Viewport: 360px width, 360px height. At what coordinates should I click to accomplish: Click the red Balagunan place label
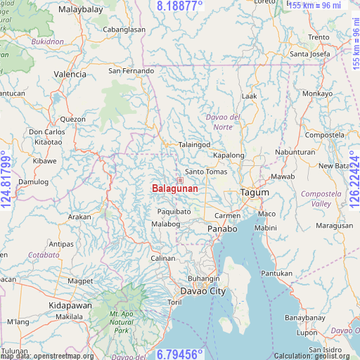(174, 189)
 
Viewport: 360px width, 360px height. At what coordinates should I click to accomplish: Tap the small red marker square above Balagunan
(180, 181)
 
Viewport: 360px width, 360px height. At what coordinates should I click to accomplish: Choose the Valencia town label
(70, 74)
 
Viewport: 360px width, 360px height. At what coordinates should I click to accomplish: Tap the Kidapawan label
(70, 306)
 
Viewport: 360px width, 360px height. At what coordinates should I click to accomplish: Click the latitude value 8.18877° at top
(179, 6)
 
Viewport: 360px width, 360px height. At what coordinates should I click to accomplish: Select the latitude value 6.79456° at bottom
(179, 354)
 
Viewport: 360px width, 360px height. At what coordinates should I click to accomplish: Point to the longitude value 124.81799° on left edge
(6, 180)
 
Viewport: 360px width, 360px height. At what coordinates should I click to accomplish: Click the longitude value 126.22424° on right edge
(354, 180)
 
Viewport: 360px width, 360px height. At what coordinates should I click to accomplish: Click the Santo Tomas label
(205, 172)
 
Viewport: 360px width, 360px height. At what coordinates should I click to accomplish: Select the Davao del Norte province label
(223, 121)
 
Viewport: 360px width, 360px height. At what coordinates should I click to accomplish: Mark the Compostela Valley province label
(316, 198)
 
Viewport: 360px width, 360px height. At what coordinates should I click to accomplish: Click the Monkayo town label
(317, 94)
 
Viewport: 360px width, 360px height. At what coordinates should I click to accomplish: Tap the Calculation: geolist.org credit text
(316, 356)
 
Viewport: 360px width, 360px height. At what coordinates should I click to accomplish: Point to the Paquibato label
(174, 211)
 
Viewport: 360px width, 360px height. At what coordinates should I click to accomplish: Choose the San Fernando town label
(131, 71)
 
